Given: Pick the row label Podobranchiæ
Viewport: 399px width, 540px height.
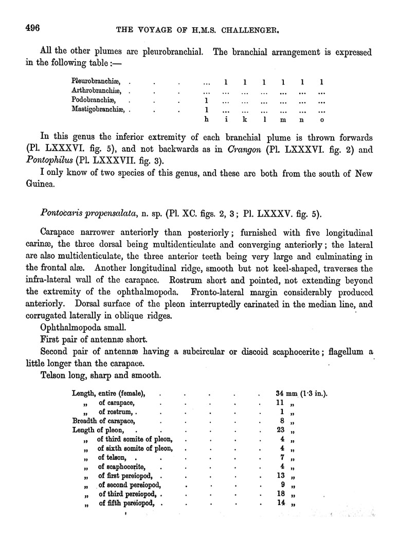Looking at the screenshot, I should point(93,100).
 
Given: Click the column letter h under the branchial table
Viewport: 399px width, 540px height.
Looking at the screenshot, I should point(206,119).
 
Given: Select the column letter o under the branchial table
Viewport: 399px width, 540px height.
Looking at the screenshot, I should point(321,120).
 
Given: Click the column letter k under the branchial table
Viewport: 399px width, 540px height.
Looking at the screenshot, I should point(245,119).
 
